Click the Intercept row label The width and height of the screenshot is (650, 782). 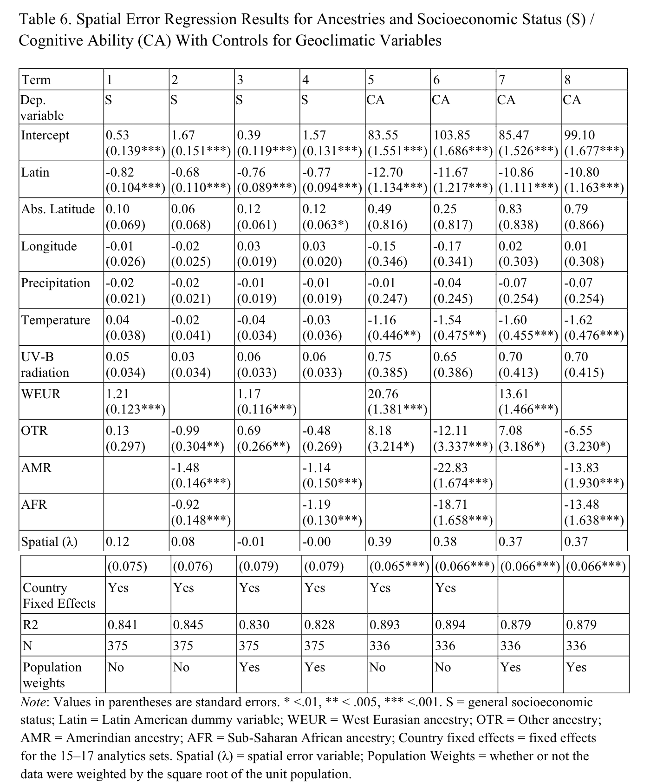pyautogui.click(x=45, y=135)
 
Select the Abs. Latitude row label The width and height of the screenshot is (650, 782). pyautogui.click(x=58, y=209)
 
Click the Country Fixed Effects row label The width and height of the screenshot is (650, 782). pyautogui.click(x=59, y=595)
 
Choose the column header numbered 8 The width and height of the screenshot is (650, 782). pyautogui.click(x=567, y=80)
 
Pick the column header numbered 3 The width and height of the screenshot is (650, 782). pyautogui.click(x=240, y=80)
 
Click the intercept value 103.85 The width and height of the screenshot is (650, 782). pyautogui.click(x=451, y=135)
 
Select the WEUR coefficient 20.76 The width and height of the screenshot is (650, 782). pyautogui.click(x=383, y=394)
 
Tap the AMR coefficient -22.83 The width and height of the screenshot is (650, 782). pyautogui.click(x=450, y=468)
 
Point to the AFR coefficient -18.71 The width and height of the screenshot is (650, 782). pyautogui.click(x=450, y=505)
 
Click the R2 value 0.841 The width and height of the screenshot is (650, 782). pyautogui.click(x=123, y=624)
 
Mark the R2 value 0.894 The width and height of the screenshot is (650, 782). pyautogui.click(x=450, y=624)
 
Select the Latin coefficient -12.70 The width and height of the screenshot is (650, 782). pyautogui.click(x=385, y=172)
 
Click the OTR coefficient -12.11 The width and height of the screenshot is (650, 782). pyautogui.click(x=450, y=431)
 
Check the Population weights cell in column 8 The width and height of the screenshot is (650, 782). pyautogui.click(x=576, y=667)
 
